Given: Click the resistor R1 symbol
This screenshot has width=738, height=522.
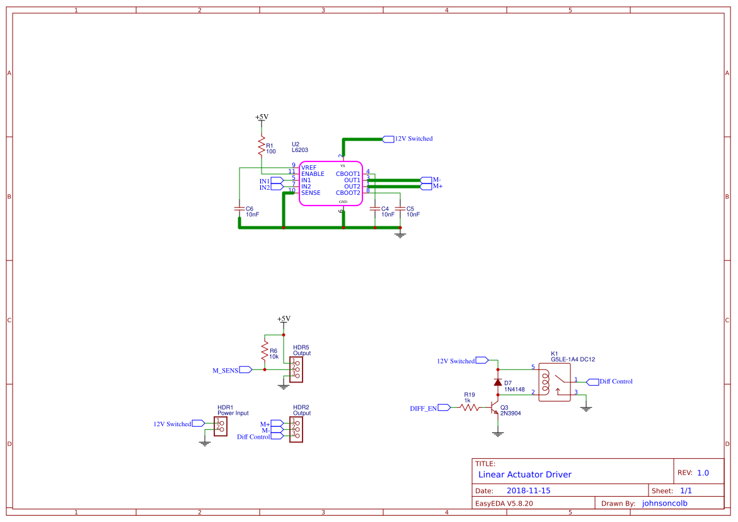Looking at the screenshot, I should tap(261, 146).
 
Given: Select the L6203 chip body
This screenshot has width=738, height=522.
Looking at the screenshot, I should tap(330, 183).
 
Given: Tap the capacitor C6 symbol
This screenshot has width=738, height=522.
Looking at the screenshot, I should tap(239, 208).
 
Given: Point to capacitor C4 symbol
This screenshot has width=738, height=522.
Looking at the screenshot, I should tap(375, 208).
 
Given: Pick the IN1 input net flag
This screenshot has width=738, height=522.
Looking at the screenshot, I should tap(277, 180).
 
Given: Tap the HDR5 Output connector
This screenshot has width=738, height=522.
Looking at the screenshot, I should tap(296, 369).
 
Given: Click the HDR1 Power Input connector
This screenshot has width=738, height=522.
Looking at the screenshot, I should tap(221, 426).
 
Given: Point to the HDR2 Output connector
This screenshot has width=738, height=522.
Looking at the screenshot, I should tap(296, 430).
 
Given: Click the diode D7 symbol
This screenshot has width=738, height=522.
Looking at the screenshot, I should tap(498, 382).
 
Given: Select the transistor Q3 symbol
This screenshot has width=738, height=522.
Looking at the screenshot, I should tap(495, 409).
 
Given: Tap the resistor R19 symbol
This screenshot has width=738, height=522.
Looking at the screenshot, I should tap(469, 408).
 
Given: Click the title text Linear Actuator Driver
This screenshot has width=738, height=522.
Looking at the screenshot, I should tap(524, 474).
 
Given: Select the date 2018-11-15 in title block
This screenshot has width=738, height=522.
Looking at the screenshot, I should tap(529, 490).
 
